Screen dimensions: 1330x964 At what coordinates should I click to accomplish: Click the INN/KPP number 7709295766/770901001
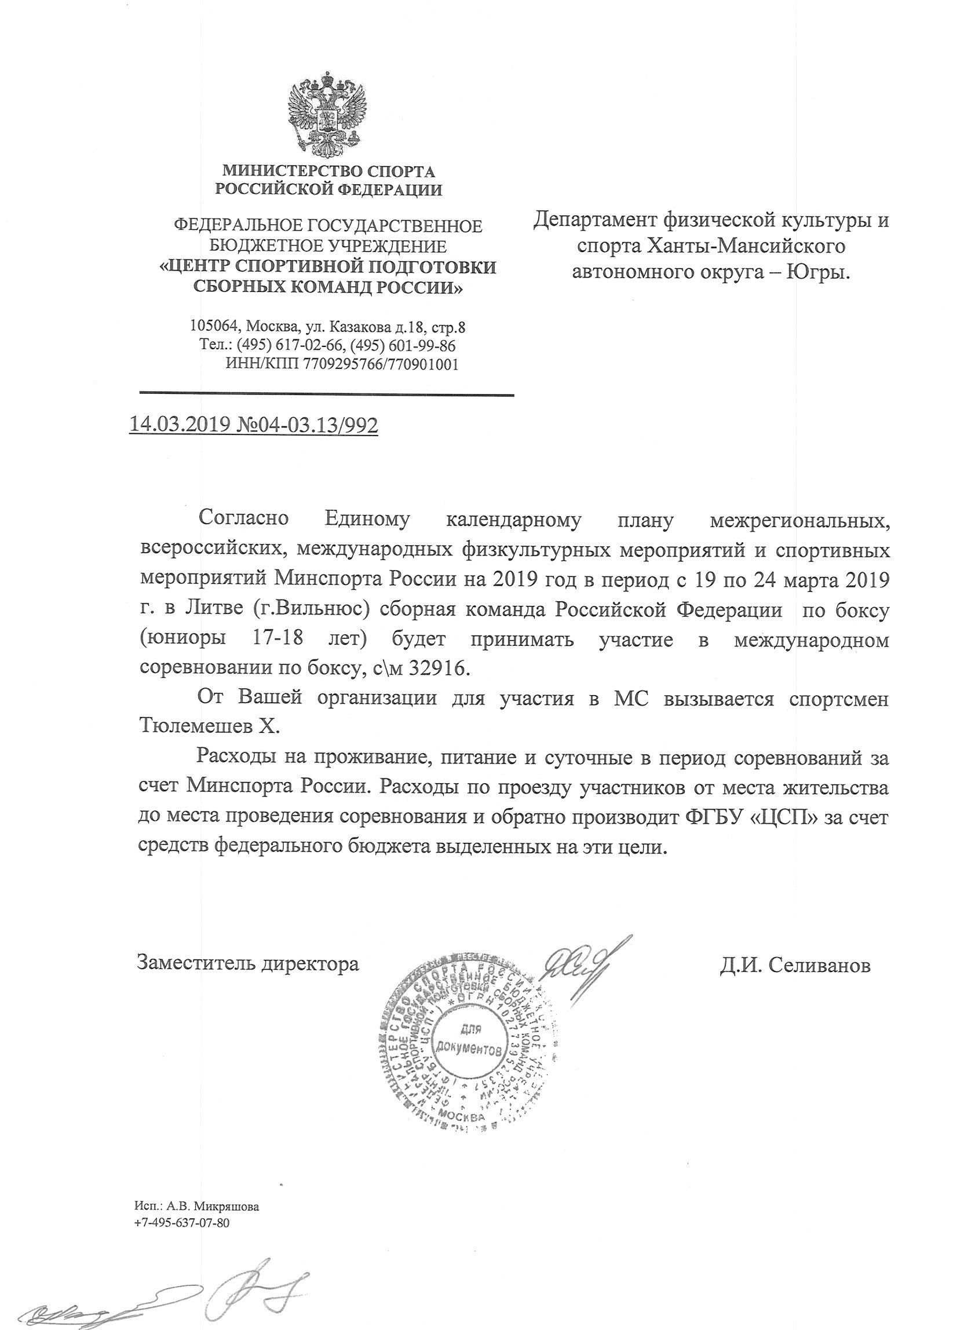380,364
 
